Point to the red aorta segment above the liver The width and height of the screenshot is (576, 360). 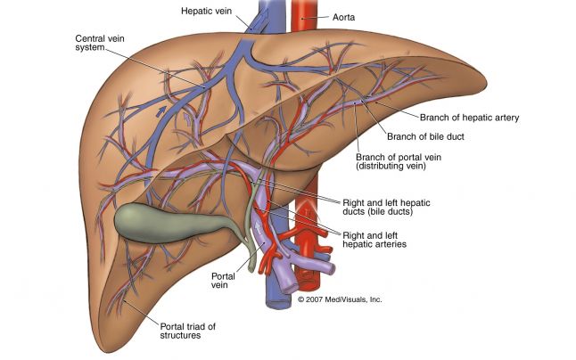309,20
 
